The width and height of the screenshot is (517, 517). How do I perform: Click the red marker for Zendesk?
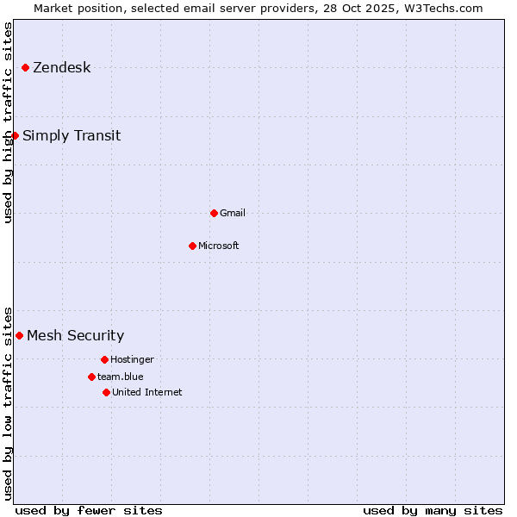pyautogui.click(x=25, y=67)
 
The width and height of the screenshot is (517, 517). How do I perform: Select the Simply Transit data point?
pyautogui.click(x=15, y=135)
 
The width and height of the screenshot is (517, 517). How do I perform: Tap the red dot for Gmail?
pyautogui.click(x=214, y=213)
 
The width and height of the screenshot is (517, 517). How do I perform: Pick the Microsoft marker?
pyautogui.click(x=192, y=246)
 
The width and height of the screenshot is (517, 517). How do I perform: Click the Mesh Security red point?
pyautogui.click(x=19, y=335)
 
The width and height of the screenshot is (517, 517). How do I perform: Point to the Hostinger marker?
pyautogui.click(x=104, y=359)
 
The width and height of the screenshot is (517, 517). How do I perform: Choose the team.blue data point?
pyautogui.click(x=91, y=377)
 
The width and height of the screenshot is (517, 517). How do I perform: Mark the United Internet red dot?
pyautogui.click(x=106, y=392)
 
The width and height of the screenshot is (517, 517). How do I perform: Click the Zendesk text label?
pyautogui.click(x=61, y=68)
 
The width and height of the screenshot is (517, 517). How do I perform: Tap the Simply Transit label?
pyautogui.click(x=72, y=136)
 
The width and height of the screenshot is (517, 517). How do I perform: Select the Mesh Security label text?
pyautogui.click(x=75, y=336)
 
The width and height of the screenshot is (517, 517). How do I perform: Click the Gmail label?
pyautogui.click(x=233, y=214)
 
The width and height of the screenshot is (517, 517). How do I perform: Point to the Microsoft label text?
pyautogui.click(x=219, y=246)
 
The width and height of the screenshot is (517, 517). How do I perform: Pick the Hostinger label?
pyautogui.click(x=132, y=360)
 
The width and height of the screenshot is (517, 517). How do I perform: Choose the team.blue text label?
pyautogui.click(x=121, y=377)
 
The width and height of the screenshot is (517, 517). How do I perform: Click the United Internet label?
pyautogui.click(x=147, y=393)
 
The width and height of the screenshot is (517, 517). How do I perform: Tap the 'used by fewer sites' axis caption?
pyautogui.click(x=89, y=510)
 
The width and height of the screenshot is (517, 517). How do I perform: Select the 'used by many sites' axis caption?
pyautogui.click(x=433, y=510)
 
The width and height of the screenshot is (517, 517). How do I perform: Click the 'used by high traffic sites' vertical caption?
pyautogui.click(x=8, y=122)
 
